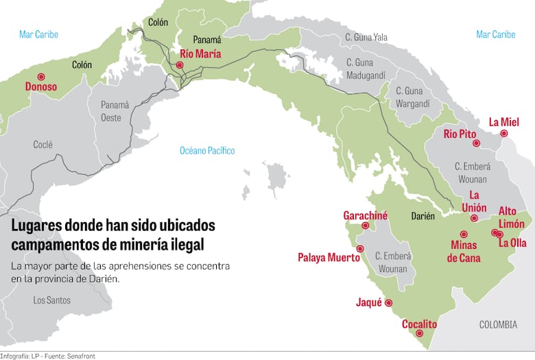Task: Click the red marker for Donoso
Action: point(41,77)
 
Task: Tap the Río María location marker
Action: point(180,65)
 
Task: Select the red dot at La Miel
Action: point(504,134)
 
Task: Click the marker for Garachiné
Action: point(366,226)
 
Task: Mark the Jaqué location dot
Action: point(389,302)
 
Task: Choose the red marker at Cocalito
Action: point(420,334)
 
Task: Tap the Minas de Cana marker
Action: point(464,235)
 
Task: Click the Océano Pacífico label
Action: point(207,150)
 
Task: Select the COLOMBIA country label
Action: point(499,324)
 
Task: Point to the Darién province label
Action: point(423,216)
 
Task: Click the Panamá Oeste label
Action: point(115,111)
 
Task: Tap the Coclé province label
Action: point(43,145)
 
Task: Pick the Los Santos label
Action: point(51,300)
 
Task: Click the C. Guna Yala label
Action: point(366,37)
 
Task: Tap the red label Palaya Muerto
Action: point(329,258)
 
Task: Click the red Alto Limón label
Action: point(511,217)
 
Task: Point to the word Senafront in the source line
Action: point(82,356)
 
